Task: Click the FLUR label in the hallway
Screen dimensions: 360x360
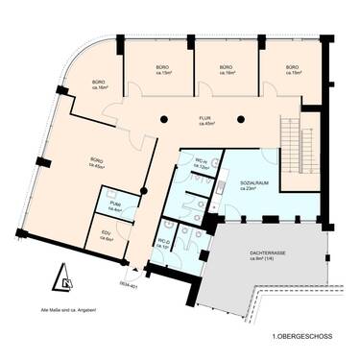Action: (x=205, y=118)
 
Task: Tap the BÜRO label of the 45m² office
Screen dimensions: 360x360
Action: (x=96, y=159)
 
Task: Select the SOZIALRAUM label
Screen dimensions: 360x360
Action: (x=255, y=182)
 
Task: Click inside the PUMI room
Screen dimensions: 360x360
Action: (x=114, y=204)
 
